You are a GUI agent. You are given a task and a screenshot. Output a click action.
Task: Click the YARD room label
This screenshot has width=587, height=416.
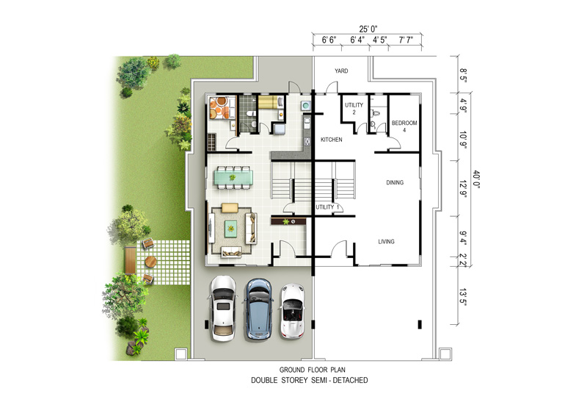(x=341, y=71)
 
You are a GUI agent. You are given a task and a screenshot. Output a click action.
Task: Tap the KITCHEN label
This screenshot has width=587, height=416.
(x=332, y=140)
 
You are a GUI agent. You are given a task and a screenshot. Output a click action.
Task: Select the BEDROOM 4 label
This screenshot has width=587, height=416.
(x=404, y=126)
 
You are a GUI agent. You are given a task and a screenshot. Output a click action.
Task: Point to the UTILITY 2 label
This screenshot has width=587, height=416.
(x=354, y=108)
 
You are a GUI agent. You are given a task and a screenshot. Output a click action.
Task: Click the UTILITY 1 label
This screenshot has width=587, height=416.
(x=327, y=207)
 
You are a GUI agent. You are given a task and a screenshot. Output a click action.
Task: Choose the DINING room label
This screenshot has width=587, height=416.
(x=395, y=183)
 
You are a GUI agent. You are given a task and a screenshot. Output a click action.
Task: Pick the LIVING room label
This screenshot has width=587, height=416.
(x=386, y=242)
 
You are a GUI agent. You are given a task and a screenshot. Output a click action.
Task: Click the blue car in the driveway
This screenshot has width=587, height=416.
(x=258, y=309)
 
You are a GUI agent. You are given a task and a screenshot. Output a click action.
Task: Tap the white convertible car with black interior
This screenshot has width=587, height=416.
(x=293, y=311)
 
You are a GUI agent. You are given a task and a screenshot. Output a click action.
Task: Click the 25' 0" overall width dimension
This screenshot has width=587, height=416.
(x=368, y=29)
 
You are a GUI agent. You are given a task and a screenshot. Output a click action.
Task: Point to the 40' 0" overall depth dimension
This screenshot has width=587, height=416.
(x=475, y=179)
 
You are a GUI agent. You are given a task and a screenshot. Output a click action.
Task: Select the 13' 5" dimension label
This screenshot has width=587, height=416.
(x=463, y=297)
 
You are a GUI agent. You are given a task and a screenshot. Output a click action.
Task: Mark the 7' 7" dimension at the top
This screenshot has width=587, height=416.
(x=406, y=40)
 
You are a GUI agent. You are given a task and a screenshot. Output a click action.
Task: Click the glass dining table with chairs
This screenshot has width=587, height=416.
(x=233, y=177)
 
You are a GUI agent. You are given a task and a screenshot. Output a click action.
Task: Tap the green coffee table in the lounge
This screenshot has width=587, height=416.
(x=230, y=229)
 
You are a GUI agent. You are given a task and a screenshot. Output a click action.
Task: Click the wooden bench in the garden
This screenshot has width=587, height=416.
(x=130, y=260)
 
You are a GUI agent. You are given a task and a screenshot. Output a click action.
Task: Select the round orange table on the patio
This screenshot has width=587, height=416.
(x=151, y=262)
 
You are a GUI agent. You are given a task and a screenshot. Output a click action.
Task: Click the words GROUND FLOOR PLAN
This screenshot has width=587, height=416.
(x=313, y=370)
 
